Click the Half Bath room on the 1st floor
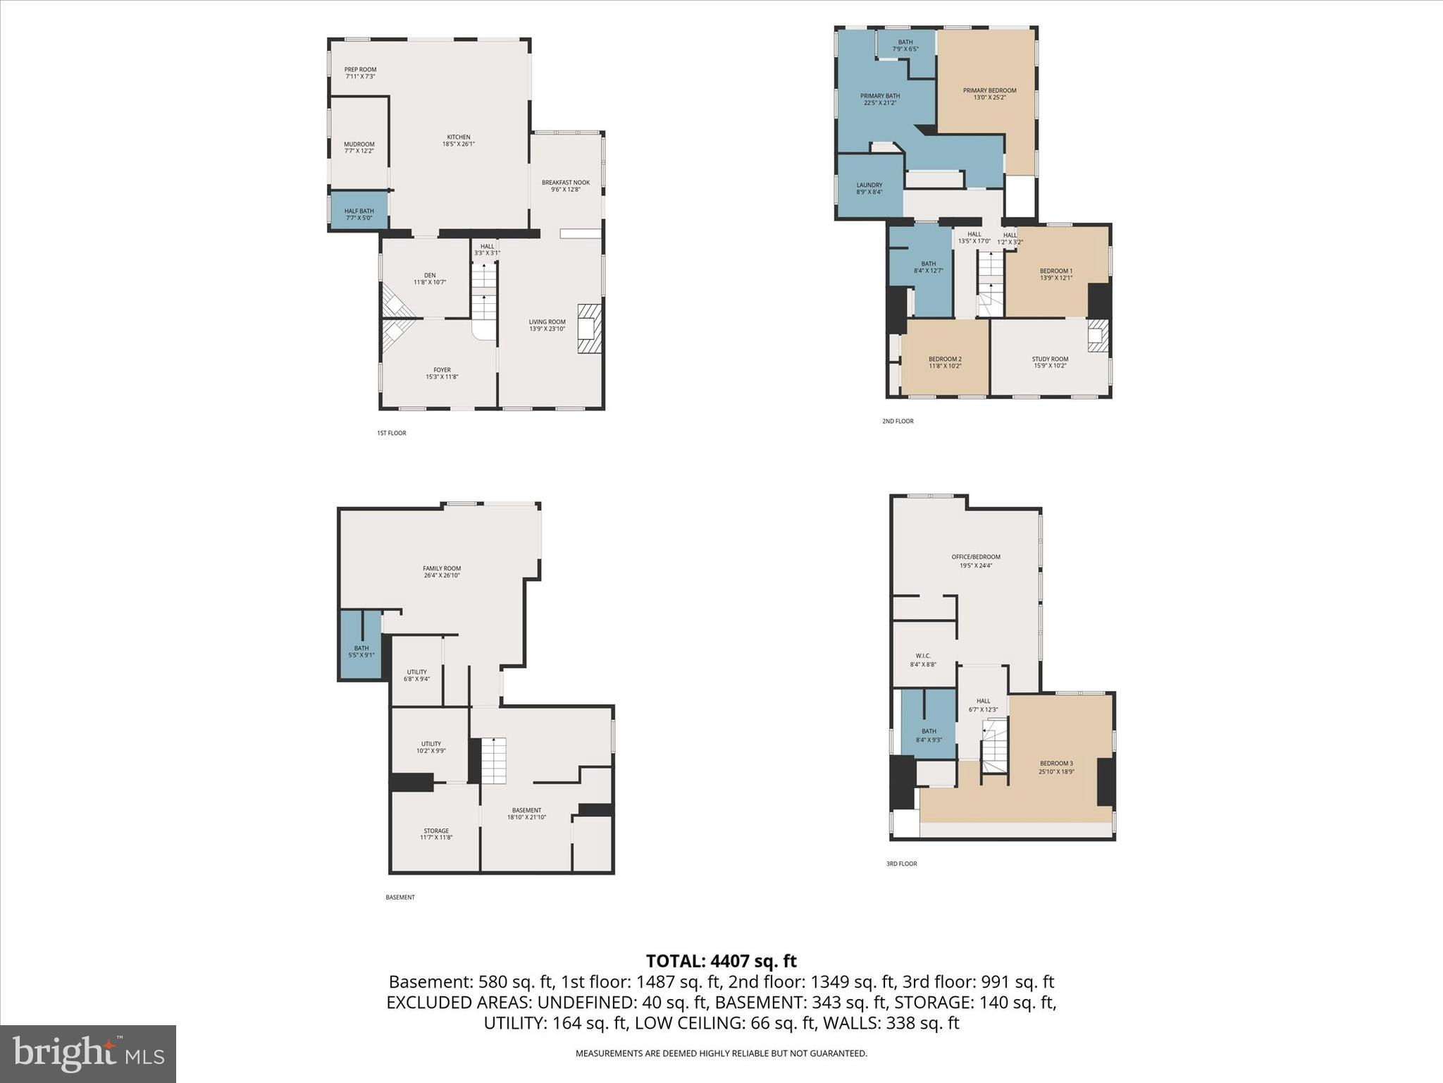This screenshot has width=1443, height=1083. (x=359, y=212)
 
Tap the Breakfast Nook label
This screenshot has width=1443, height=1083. (x=565, y=185)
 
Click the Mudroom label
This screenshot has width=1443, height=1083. (x=359, y=147)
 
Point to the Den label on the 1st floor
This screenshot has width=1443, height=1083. (x=430, y=279)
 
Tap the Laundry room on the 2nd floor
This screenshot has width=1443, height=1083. (x=869, y=188)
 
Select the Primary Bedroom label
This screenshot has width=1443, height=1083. (x=989, y=93)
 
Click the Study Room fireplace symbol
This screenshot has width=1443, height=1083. (x=1097, y=336)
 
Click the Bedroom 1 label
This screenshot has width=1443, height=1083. (x=1055, y=274)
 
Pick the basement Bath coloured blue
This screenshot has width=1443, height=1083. (x=361, y=650)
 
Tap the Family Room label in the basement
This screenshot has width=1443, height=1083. (x=442, y=571)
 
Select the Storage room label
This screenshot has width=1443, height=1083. (x=436, y=833)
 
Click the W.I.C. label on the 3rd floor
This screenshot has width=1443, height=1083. (x=923, y=659)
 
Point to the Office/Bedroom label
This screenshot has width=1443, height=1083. (x=975, y=561)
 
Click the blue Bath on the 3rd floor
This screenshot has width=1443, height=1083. (x=929, y=733)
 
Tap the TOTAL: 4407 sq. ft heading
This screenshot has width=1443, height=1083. (x=721, y=960)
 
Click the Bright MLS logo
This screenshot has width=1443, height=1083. (x=88, y=1053)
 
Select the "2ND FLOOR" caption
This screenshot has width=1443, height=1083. (x=898, y=421)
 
